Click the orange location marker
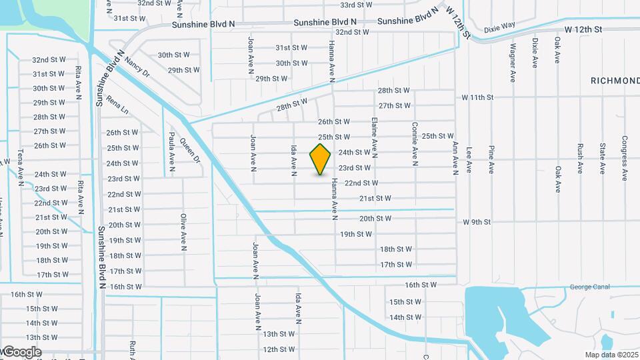click(320, 159)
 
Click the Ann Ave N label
click(456, 157)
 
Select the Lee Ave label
click(469, 160)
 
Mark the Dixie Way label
click(499, 29)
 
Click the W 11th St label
click(477, 97)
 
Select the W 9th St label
click(476, 222)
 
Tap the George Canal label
click(590, 287)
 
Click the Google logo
click(21, 352)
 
